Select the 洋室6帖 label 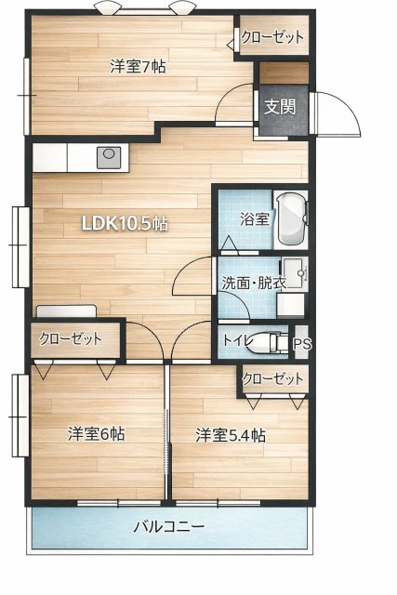(97, 434)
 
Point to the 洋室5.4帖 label (231, 434)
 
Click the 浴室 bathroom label (254, 220)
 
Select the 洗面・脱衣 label (253, 283)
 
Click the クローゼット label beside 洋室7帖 (272, 37)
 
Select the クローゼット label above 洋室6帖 (71, 338)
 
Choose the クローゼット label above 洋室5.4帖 (273, 379)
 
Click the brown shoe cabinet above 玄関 (283, 73)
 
